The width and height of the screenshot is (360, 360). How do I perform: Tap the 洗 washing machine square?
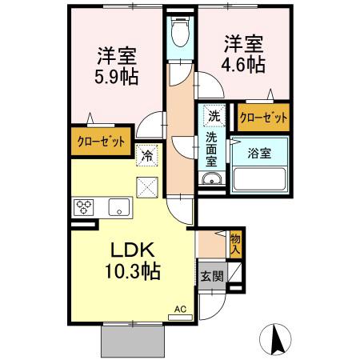click(x=214, y=115)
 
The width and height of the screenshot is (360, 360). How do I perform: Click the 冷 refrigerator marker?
click(x=147, y=156)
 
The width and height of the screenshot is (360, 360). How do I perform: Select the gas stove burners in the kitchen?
click(x=84, y=208)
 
